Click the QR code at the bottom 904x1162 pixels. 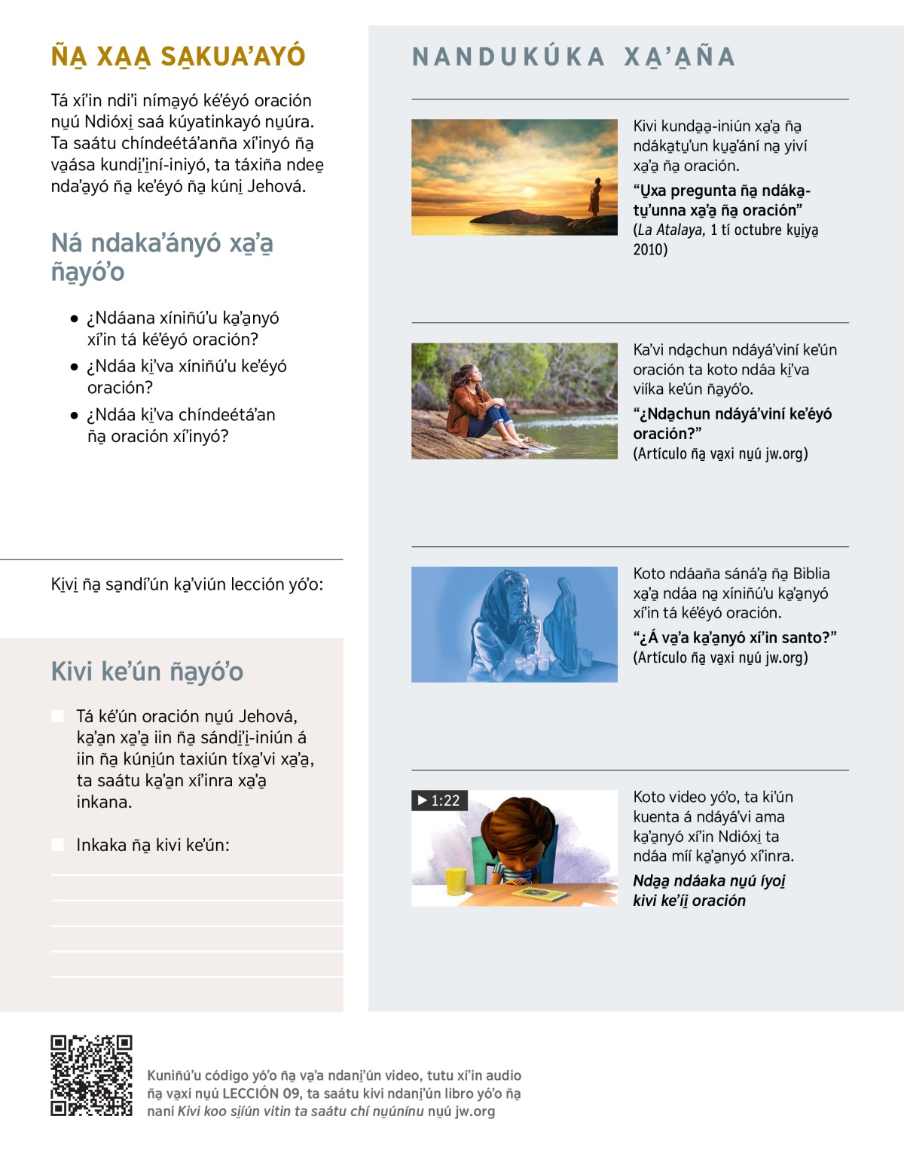pyautogui.click(x=91, y=1075)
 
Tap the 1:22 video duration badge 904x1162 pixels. pyautogui.click(x=439, y=801)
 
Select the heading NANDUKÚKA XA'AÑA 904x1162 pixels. pyautogui.click(x=573, y=57)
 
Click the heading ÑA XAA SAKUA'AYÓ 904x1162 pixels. pyautogui.click(x=178, y=56)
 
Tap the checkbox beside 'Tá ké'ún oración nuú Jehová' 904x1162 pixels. pyautogui.click(x=57, y=715)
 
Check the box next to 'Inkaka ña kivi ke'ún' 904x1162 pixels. pyautogui.click(x=57, y=845)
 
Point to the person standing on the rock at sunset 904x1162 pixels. pyautogui.click(x=595, y=197)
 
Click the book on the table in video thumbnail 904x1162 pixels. pyautogui.click(x=539, y=895)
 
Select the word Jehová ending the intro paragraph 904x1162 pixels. pyautogui.click(x=276, y=186)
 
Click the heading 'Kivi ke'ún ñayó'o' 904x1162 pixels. pyautogui.click(x=147, y=671)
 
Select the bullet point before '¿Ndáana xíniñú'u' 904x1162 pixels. pyautogui.click(x=74, y=319)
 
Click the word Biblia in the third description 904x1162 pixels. pyautogui.click(x=811, y=574)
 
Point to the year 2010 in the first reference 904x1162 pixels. pyautogui.click(x=650, y=250)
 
